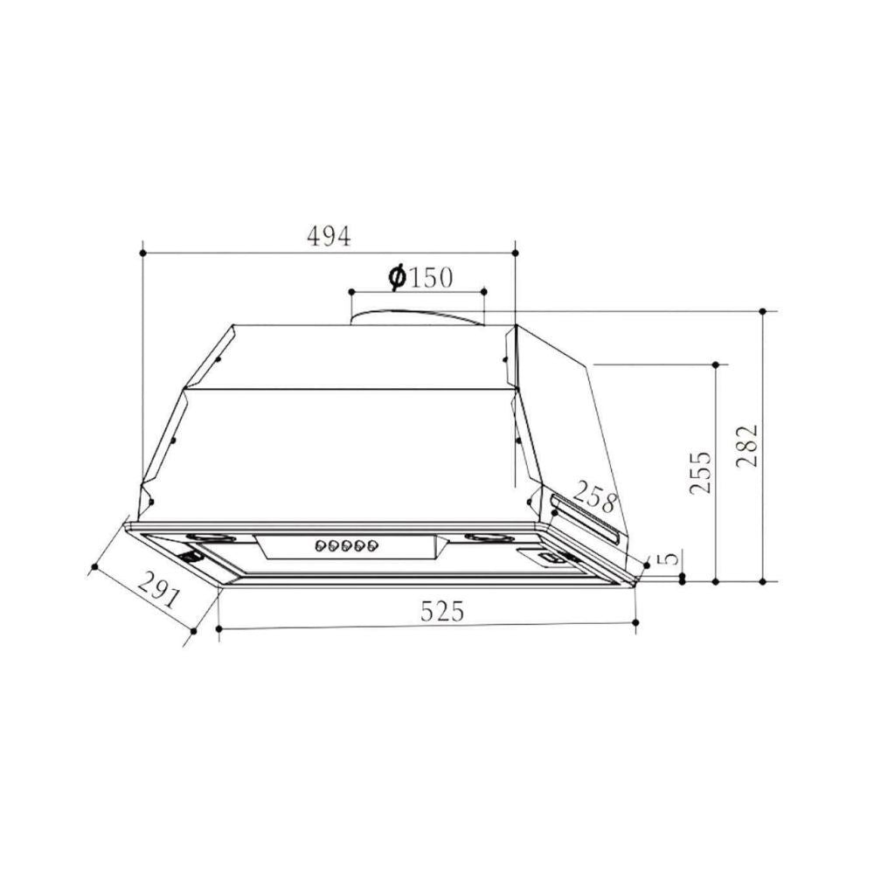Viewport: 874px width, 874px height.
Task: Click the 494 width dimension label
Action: tap(328, 236)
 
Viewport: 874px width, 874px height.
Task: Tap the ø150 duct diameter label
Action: tap(420, 278)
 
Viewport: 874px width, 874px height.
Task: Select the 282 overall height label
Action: tap(746, 446)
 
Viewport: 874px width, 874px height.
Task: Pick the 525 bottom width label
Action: tap(440, 612)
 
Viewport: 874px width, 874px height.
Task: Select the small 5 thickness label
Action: tap(668, 559)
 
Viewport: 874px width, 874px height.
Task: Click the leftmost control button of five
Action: tap(320, 546)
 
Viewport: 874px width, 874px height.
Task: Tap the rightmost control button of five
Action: tap(374, 546)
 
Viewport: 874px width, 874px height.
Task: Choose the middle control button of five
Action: tap(347, 546)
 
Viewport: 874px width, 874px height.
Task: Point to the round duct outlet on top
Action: tap(417, 316)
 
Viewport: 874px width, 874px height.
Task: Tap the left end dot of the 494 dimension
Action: tap(142, 253)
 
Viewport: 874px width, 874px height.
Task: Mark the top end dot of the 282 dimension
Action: tap(763, 311)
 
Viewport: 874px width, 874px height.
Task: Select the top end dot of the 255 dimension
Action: tap(716, 364)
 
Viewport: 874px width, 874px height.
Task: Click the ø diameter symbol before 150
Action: tap(395, 278)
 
